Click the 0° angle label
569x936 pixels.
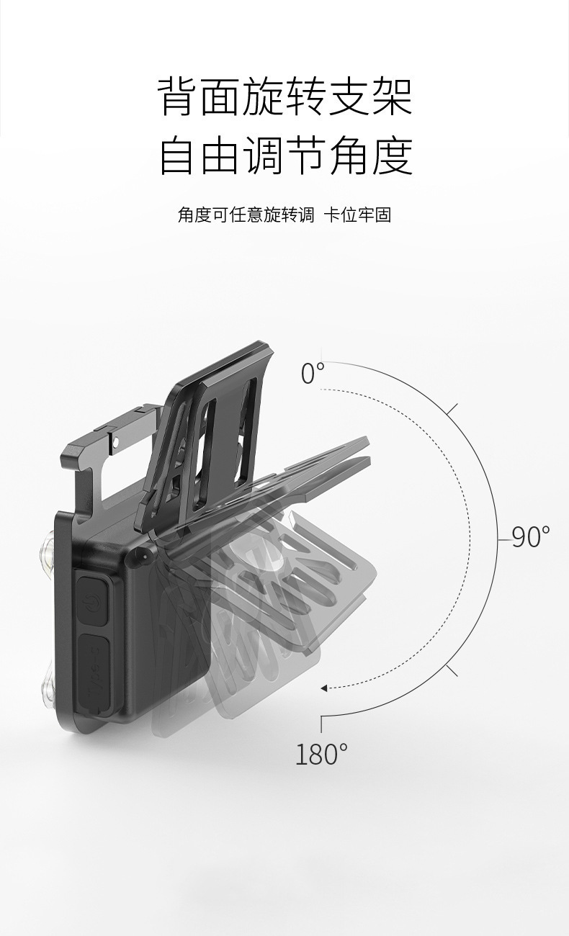click(x=313, y=373)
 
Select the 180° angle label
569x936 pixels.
click(x=321, y=754)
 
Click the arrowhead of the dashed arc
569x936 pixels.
click(x=323, y=688)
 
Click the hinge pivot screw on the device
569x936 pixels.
click(x=139, y=557)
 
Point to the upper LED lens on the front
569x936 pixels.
click(x=47, y=553)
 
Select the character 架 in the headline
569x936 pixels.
click(x=393, y=96)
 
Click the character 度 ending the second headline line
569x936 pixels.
click(x=393, y=155)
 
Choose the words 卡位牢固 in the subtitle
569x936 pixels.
click(x=358, y=215)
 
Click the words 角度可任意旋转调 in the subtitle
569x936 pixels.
click(x=246, y=215)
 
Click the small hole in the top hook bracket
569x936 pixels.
click(x=116, y=440)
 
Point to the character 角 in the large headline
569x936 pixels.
click(x=350, y=155)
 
